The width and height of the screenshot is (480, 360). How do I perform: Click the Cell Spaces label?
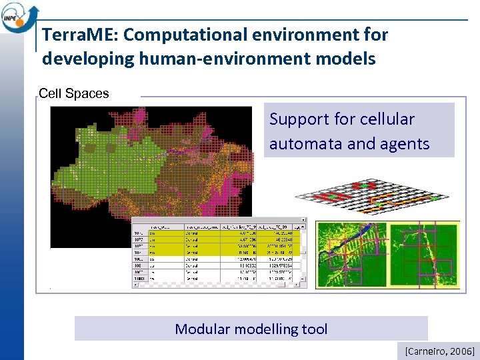[x=73, y=94]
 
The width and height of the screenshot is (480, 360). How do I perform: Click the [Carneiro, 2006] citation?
[x=435, y=351]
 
